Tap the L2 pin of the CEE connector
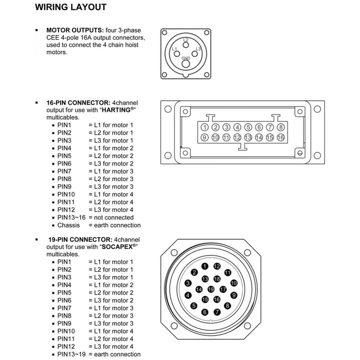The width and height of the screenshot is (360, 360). coord(186,44)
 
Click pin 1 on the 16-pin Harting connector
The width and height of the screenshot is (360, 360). coord(205,127)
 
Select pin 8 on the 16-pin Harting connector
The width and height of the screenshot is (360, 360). coord(281,127)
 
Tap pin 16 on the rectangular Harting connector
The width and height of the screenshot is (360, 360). coord(281,137)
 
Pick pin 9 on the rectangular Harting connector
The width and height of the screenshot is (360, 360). coord(205,137)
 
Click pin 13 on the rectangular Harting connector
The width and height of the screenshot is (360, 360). coord(248,137)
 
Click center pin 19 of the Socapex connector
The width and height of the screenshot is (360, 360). coord(211,290)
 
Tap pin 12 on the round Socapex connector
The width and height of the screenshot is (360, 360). coord(217,266)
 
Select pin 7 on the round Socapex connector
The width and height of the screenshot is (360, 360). coord(217,312)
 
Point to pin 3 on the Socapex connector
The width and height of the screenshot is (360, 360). coord(188,283)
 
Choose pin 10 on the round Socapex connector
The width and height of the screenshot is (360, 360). coord(233,283)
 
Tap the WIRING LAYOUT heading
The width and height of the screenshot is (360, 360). coord(78,7)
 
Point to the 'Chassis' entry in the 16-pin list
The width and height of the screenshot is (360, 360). coord(68,225)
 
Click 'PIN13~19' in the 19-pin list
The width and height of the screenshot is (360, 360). coord(71,354)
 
